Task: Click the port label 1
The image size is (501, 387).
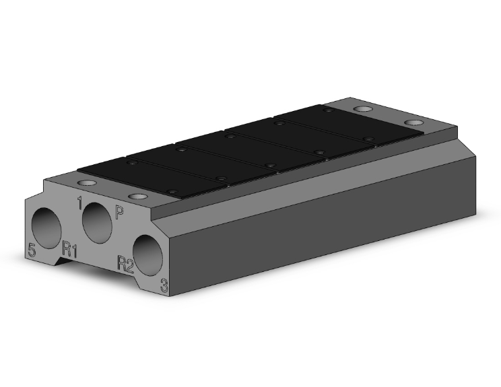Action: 80,203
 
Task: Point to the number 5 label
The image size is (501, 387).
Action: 32,250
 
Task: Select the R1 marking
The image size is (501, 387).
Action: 69,249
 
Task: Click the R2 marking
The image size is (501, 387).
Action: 125,264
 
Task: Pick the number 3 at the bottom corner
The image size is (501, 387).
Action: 164,285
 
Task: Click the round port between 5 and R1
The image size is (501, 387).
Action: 46,228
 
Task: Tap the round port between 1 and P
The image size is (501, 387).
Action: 97,223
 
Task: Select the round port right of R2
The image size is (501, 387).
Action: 147,255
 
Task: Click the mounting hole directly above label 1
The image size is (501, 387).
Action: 87,183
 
